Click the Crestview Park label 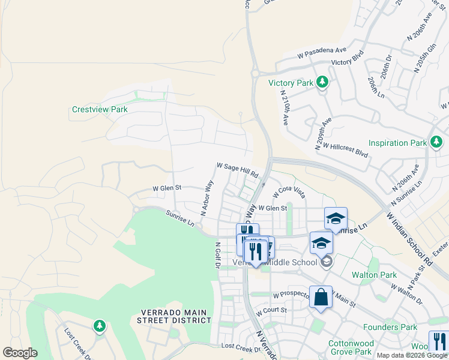(x=100, y=110)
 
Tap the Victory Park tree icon (x=322, y=82)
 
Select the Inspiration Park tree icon (x=436, y=142)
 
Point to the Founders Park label (x=390, y=327)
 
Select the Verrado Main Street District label (x=176, y=316)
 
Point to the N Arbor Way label (x=208, y=197)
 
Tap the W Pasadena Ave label (x=322, y=53)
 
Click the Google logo (x=20, y=353)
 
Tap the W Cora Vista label (x=290, y=192)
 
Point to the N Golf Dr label (x=218, y=254)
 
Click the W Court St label (x=271, y=311)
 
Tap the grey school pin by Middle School (x=326, y=262)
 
